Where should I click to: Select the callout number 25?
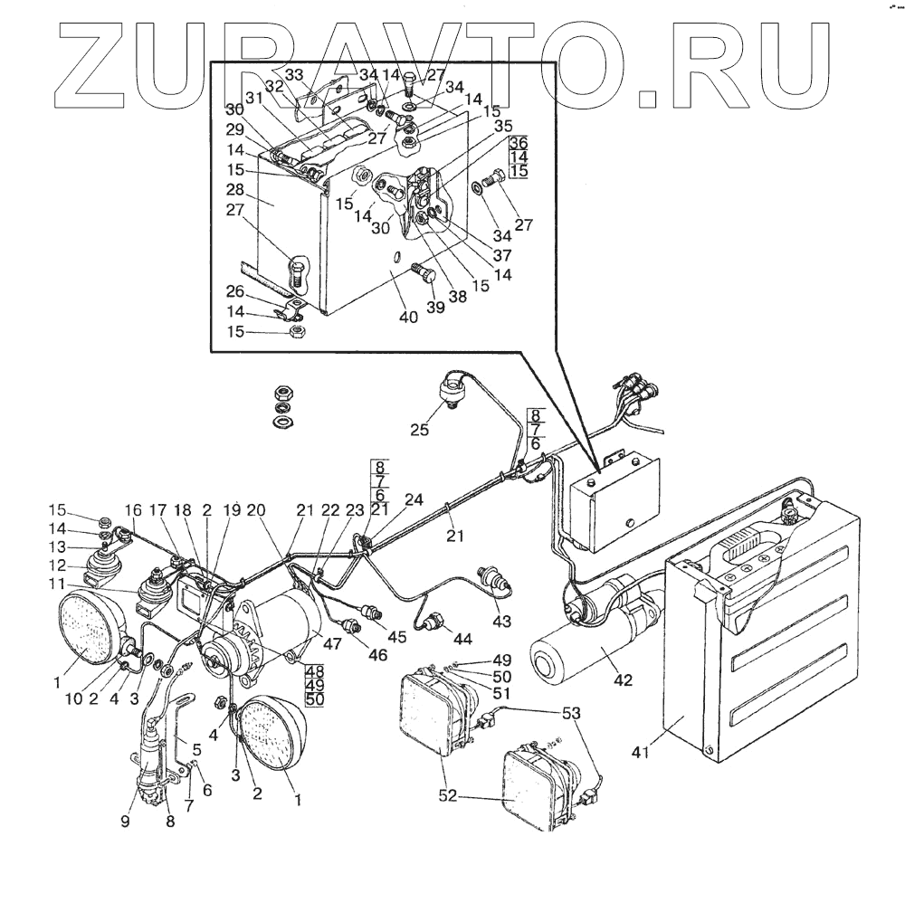tap(418, 430)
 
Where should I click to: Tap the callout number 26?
tap(234, 291)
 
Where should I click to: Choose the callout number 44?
tap(462, 639)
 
